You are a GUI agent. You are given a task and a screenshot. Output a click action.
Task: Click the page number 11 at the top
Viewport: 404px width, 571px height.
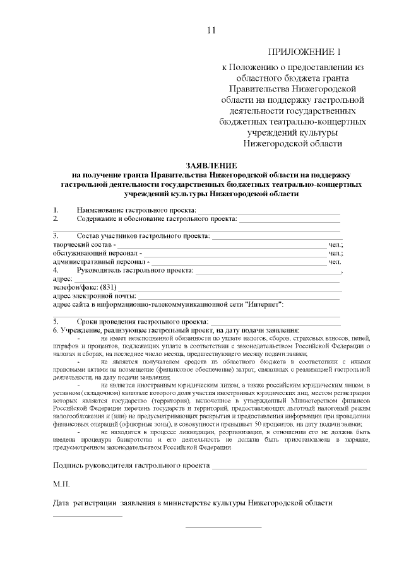pyautogui.click(x=211, y=30)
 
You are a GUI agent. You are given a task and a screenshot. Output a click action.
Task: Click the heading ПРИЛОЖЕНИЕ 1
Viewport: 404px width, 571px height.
pyautogui.click(x=305, y=52)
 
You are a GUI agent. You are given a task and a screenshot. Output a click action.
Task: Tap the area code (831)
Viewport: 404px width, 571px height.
pyautogui.click(x=110, y=286)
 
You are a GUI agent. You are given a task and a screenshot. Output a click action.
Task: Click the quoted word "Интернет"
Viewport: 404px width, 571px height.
pyautogui.click(x=263, y=304)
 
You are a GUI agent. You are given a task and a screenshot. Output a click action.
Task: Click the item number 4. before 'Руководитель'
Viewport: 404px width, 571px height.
pyautogui.click(x=56, y=269)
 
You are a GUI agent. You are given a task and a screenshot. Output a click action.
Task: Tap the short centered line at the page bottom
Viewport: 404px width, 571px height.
pyautogui.click(x=223, y=526)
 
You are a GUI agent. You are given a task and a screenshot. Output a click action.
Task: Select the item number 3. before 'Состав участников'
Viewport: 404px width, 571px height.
pyautogui.click(x=56, y=235)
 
